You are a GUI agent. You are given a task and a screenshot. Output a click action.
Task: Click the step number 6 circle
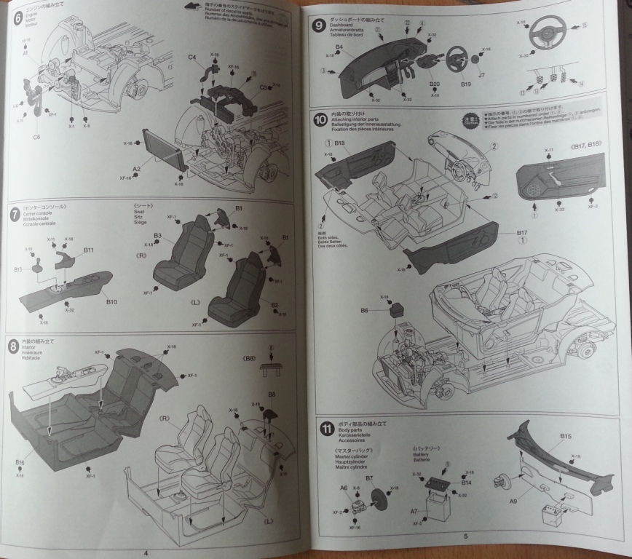click(17, 16)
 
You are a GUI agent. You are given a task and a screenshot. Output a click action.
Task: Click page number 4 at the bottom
click(146, 552)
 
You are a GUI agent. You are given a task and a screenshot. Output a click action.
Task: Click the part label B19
click(457, 84)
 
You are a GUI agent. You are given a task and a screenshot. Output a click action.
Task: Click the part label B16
click(20, 462)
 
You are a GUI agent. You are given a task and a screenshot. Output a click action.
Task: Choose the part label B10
click(111, 301)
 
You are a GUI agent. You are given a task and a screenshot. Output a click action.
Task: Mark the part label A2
click(136, 169)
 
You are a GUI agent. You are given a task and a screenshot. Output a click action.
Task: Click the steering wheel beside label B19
click(457, 58)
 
